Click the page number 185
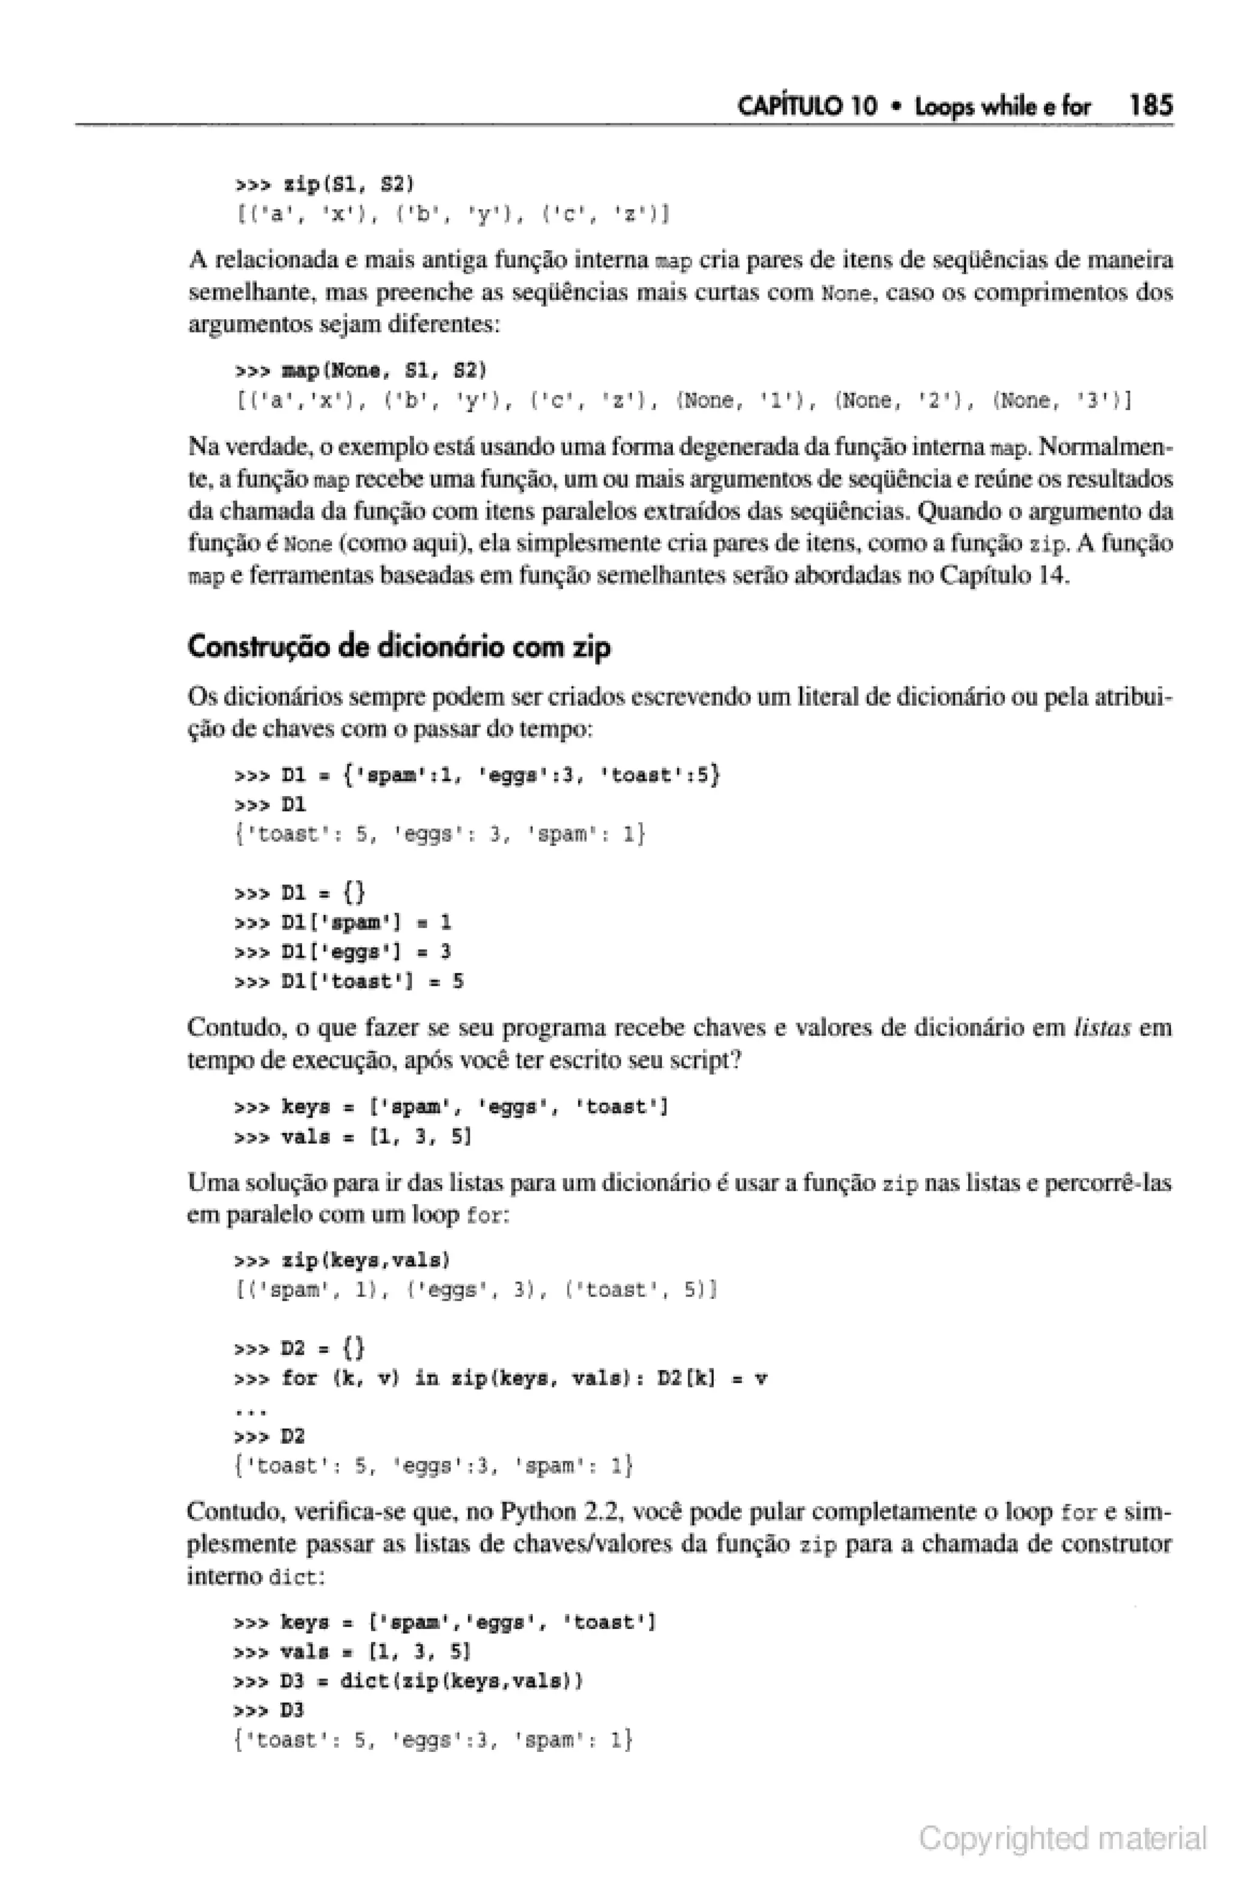1150,105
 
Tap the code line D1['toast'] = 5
349,981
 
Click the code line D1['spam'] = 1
343,923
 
